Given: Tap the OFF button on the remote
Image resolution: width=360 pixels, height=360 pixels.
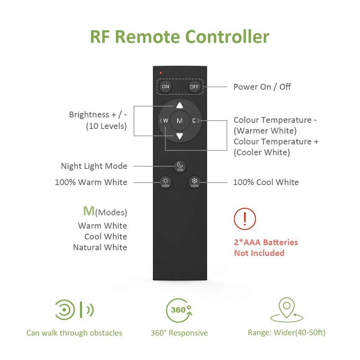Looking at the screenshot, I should (x=194, y=86).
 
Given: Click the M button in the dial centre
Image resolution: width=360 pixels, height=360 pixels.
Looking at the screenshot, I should (x=180, y=121).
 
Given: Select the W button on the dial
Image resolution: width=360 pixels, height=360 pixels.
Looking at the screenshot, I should (x=165, y=121).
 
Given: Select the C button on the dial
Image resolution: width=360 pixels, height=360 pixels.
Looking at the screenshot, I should (x=194, y=121).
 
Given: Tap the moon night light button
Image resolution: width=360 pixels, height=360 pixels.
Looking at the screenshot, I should (x=180, y=166).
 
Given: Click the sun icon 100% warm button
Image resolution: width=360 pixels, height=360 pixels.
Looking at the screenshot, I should (x=165, y=182).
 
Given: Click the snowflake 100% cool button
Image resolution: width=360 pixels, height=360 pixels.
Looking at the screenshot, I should (x=194, y=182).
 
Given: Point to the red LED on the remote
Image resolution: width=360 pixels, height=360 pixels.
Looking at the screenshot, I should (x=159, y=72).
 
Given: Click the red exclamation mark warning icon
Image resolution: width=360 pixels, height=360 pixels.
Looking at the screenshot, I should (x=244, y=219).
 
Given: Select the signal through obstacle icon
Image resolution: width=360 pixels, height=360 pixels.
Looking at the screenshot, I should (x=74, y=310).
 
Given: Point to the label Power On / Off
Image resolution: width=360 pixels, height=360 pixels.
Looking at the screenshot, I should (x=262, y=87).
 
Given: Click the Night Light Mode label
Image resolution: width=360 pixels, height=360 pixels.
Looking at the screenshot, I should (x=94, y=166).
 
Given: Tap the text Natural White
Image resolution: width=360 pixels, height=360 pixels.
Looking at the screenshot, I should (x=100, y=247).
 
